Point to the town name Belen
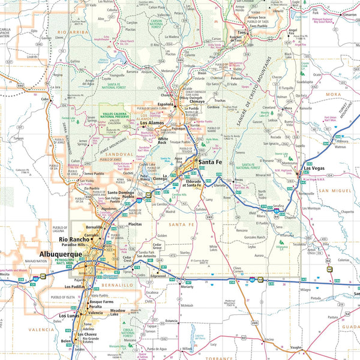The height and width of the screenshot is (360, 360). click(x=65, y=341)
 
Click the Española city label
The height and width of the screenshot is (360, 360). click(x=166, y=104)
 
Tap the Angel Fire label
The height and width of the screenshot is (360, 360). click(x=293, y=32)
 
